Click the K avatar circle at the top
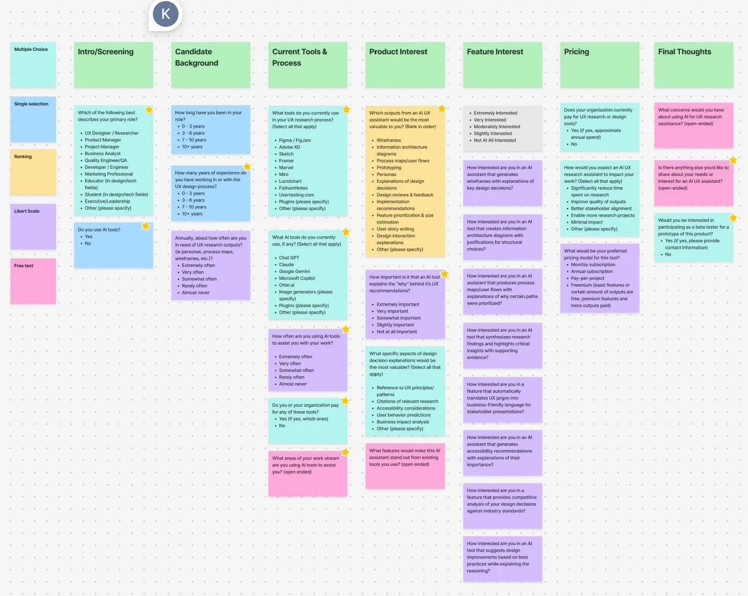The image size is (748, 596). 165,14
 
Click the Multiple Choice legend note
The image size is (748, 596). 33,64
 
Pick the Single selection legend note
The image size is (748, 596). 33,119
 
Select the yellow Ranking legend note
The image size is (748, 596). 33,172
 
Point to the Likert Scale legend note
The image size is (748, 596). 33,226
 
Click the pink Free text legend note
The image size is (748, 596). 33,281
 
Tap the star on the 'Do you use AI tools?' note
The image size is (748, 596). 145,226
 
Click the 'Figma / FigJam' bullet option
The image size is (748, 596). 295,140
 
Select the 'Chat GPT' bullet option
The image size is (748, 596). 289,258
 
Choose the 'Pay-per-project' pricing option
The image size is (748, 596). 587,278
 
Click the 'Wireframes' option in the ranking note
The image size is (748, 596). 388,140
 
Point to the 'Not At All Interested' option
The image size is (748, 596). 494,140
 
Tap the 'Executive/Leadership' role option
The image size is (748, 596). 107,202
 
